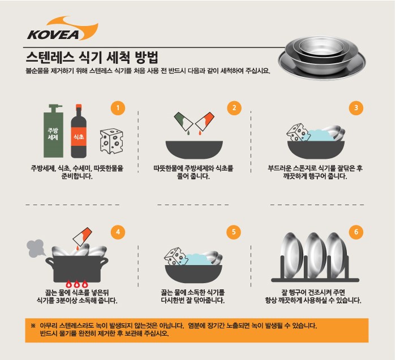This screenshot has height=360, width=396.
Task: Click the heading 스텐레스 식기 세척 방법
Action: click(x=91, y=58)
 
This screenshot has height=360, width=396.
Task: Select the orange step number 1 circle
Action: click(x=117, y=108)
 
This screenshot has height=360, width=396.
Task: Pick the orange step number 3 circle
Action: click(x=356, y=108)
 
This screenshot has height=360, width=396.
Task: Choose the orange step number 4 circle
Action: click(x=117, y=232)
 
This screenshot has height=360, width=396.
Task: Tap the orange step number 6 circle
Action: click(x=356, y=232)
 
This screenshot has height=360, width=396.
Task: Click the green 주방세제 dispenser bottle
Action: click(x=54, y=132)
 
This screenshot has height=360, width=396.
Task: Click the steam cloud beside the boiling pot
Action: click(x=37, y=246)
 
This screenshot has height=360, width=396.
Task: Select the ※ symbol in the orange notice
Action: click(x=33, y=326)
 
